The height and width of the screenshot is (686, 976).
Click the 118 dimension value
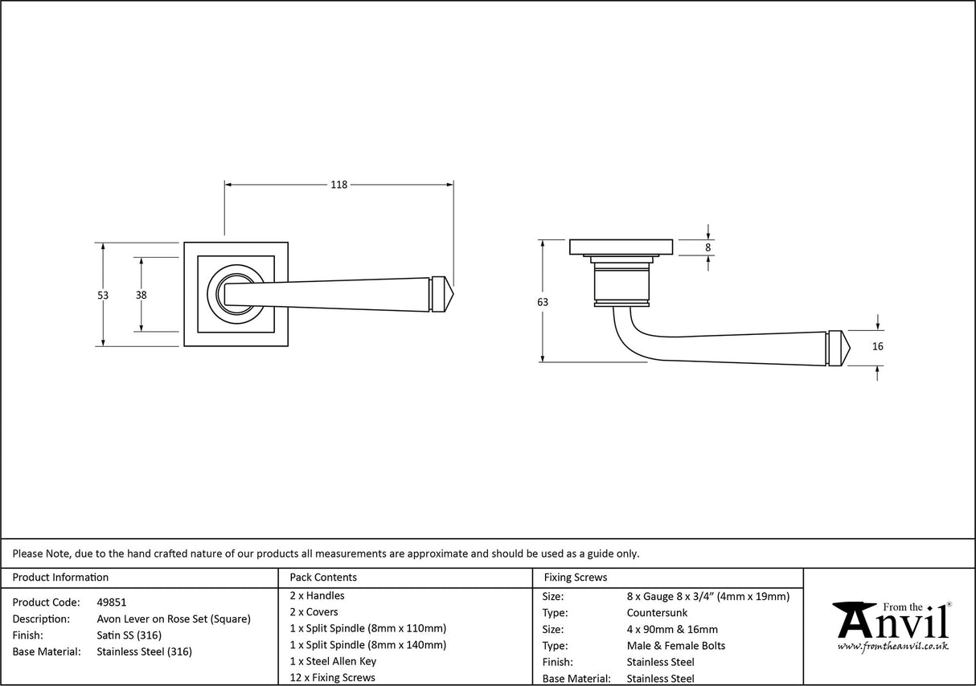[338, 185]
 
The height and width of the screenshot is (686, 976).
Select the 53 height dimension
[103, 295]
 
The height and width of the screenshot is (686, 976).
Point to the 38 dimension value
[141, 295]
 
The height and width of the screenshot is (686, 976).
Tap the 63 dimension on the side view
[543, 302]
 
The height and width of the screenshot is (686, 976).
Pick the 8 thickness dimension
[708, 247]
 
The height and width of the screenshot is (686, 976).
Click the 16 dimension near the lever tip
[877, 347]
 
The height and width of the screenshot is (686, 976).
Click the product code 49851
[111, 602]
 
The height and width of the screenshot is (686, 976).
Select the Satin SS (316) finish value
[129, 635]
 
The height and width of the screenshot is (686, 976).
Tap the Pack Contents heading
[323, 577]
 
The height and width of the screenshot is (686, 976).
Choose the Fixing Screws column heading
[576, 577]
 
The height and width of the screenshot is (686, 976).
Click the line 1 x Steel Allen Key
[333, 661]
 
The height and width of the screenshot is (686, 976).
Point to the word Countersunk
[657, 613]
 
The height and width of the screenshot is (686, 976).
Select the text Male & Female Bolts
[676, 646]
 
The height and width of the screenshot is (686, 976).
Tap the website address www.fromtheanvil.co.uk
[892, 646]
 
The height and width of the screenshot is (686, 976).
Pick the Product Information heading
[60, 577]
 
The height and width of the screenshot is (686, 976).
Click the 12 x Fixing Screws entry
[332, 677]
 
